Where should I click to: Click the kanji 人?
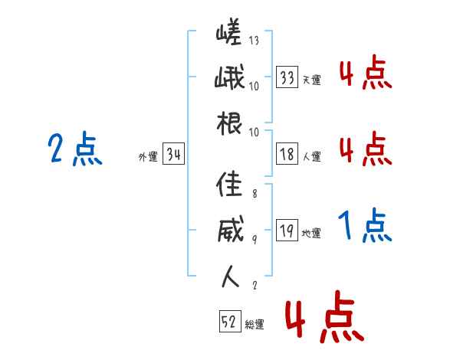pos(229,277)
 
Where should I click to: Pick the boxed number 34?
pos(173,155)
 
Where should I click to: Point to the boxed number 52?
pos(229,323)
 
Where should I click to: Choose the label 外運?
pos(147,157)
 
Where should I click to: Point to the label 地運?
pos(311,234)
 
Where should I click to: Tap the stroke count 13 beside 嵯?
pos(254,41)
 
